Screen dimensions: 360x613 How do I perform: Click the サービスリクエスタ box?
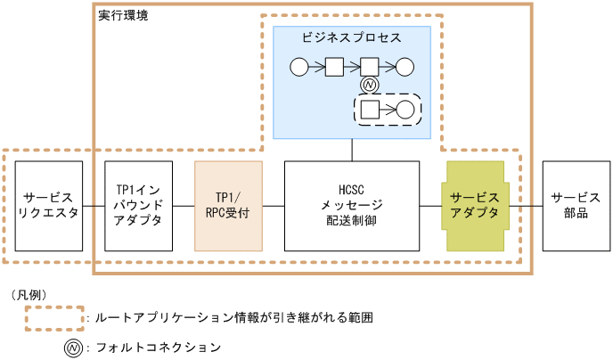49,206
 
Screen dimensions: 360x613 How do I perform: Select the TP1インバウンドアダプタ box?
138,206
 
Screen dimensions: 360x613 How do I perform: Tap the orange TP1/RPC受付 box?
228,206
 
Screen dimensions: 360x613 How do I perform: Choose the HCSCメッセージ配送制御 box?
351,206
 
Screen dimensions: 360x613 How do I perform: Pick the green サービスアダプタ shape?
476,206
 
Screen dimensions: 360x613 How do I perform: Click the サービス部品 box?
576,206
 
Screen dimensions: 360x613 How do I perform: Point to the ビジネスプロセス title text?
351,39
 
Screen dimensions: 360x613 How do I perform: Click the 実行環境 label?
123,15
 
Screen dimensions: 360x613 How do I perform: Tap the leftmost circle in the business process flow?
299,66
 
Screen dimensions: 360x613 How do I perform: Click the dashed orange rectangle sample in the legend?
54,317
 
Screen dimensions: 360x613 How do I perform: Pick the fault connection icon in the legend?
71,347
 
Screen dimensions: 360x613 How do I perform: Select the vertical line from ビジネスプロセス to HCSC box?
351,150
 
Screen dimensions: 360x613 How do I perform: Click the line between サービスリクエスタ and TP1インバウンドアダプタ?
94,206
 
